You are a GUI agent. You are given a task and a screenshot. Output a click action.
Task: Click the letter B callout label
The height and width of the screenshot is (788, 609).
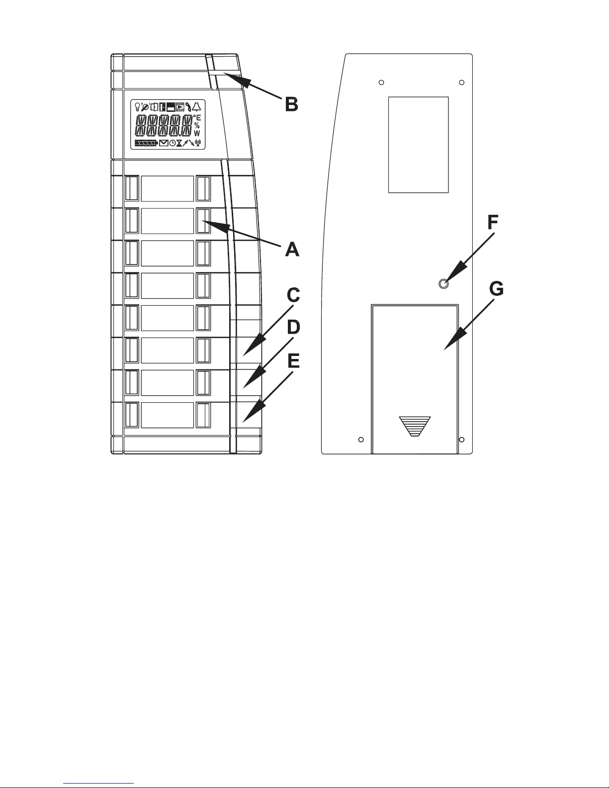point(291,104)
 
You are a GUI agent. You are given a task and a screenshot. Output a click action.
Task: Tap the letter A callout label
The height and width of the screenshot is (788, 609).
point(292,249)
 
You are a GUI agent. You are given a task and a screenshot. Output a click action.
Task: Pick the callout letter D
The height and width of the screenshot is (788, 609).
point(294,328)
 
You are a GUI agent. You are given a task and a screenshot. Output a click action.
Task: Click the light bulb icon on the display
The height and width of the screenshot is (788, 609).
point(137,106)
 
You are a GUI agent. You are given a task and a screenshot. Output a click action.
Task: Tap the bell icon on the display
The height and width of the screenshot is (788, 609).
point(197,106)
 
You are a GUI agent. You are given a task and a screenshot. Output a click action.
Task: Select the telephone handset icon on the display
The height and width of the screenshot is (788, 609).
point(188,106)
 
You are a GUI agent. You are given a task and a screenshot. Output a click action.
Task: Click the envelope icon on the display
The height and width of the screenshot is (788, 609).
point(164,143)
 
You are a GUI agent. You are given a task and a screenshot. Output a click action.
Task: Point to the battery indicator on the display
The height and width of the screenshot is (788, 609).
point(146,143)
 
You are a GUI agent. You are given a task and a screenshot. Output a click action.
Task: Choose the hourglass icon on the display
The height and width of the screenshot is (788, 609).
point(179,143)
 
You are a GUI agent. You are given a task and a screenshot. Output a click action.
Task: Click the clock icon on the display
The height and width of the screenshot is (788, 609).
point(172,143)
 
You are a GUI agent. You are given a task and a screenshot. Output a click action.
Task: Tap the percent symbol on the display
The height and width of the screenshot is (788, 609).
point(197,125)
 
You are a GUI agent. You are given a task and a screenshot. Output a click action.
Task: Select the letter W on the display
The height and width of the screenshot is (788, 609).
point(197,133)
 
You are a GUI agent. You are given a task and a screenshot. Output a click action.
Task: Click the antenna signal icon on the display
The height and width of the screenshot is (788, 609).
point(198,143)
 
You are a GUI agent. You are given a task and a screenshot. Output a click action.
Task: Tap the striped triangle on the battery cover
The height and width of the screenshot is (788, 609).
point(415,426)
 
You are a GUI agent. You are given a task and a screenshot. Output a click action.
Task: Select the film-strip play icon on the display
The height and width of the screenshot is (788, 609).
point(180,106)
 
